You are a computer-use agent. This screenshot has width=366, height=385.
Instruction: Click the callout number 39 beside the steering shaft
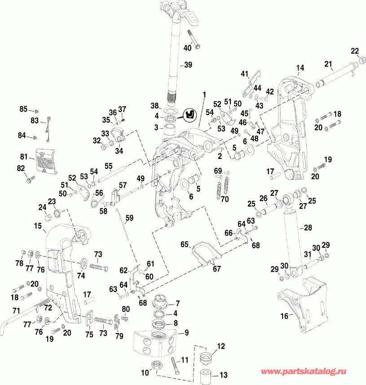(x=188, y=65)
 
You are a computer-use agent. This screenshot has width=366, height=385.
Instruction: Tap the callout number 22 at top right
(x=355, y=50)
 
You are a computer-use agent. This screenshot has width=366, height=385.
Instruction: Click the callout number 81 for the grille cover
(x=23, y=157)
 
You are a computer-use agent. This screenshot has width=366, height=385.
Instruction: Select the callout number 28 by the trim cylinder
(x=308, y=228)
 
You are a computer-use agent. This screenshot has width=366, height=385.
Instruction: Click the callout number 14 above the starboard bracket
(x=300, y=68)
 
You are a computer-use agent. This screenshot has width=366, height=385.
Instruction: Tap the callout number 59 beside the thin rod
(x=129, y=219)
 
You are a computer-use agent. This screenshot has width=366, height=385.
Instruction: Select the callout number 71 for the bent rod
(x=16, y=311)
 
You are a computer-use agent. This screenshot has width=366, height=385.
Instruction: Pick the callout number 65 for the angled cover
(x=184, y=244)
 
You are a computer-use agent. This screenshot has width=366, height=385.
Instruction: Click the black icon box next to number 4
(x=190, y=114)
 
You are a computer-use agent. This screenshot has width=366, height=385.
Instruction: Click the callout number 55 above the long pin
(x=108, y=166)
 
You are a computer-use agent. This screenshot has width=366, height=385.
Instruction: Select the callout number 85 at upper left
(x=23, y=109)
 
